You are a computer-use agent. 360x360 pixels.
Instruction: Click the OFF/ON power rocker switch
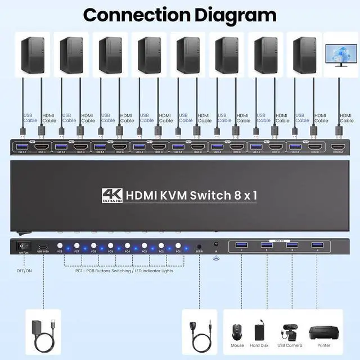coord(23,246)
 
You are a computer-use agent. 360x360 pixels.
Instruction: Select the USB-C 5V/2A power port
coord(43,247)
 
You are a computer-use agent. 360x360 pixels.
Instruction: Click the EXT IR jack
coord(200,246)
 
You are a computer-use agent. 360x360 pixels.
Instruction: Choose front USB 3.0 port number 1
coord(241,245)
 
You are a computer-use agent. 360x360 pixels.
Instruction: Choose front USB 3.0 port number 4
coord(317,245)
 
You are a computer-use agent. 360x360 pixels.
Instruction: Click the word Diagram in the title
coord(236,15)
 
